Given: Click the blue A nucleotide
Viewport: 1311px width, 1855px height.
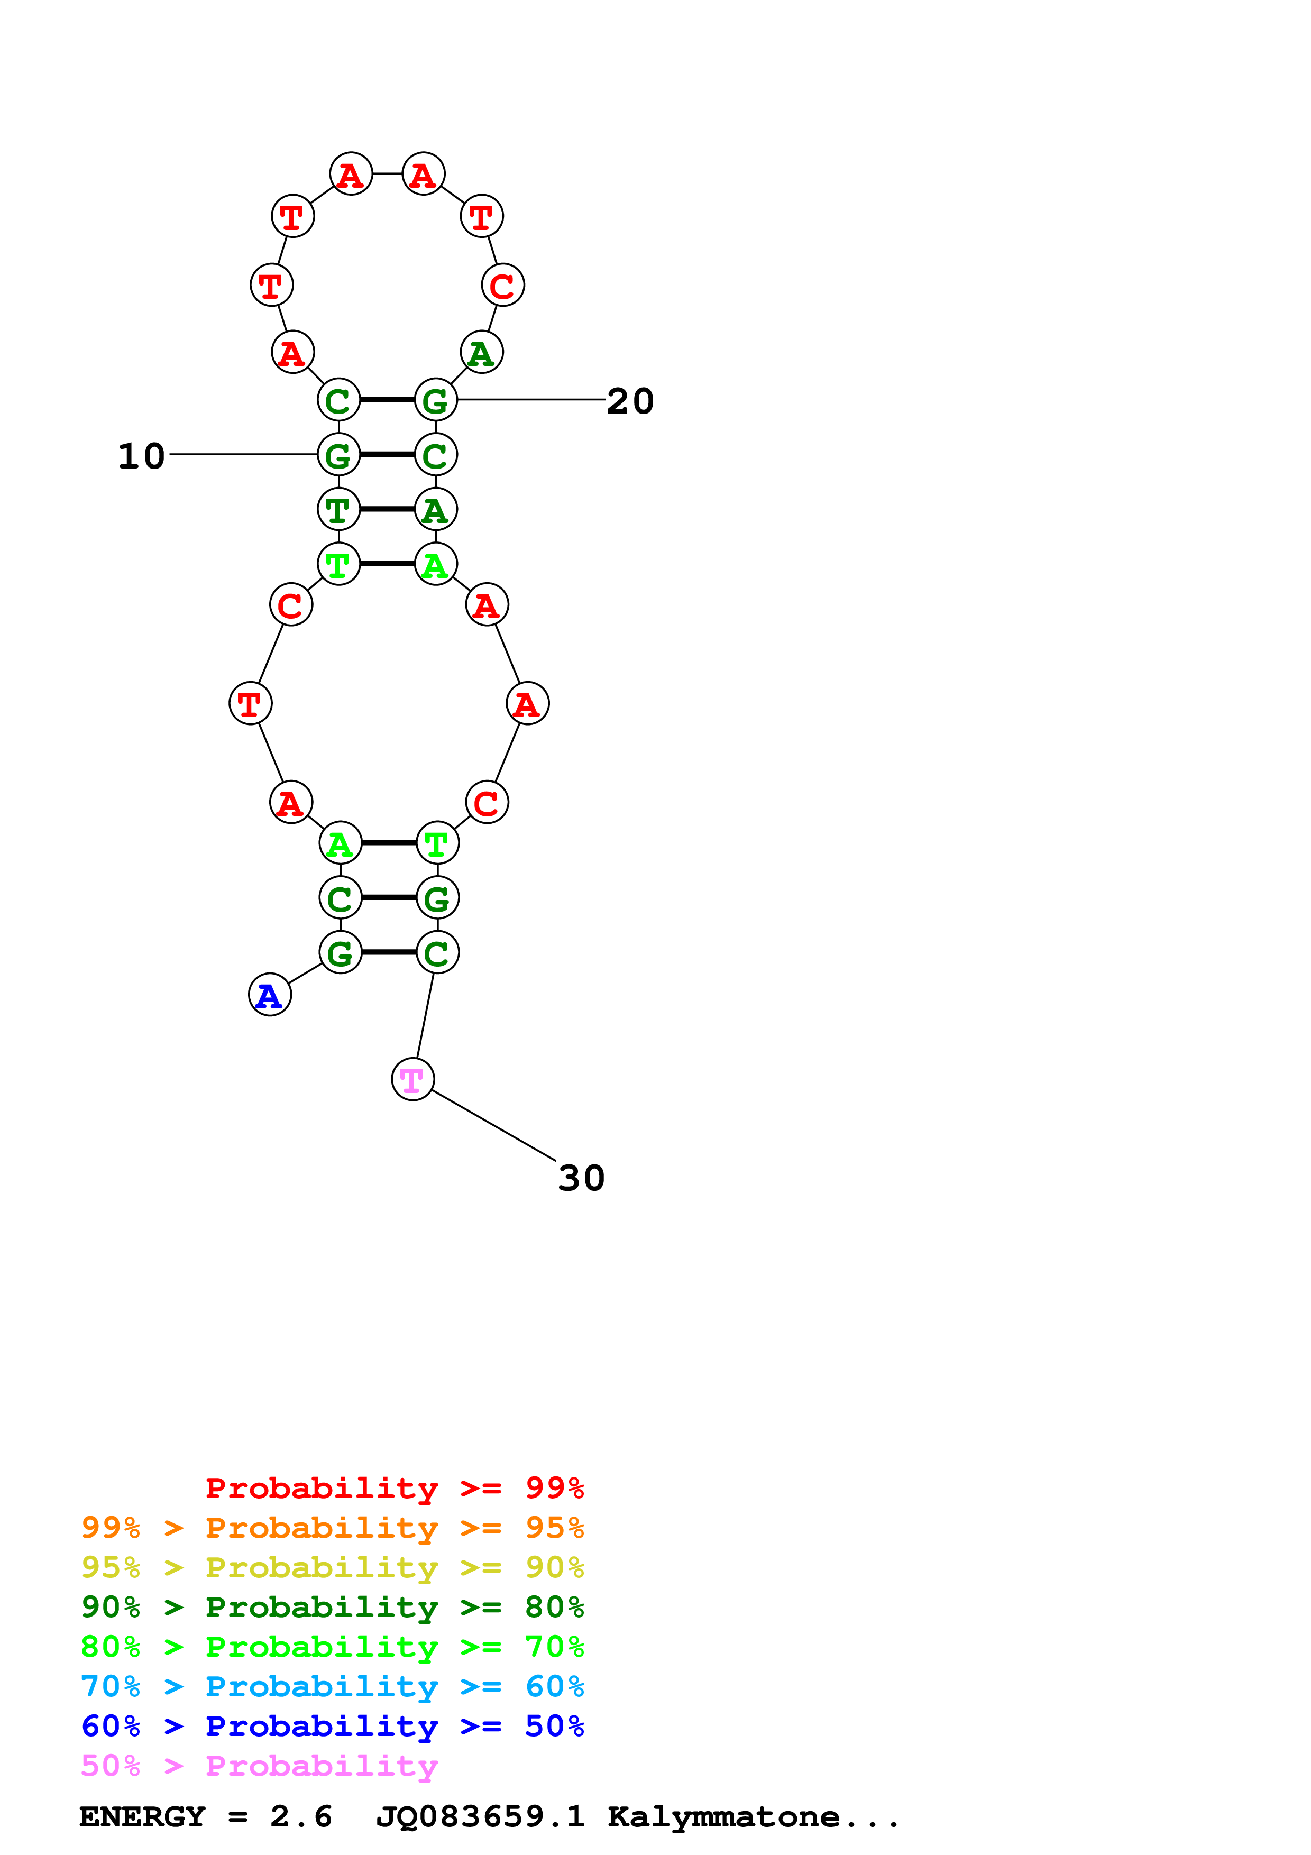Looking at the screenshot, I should pos(270,995).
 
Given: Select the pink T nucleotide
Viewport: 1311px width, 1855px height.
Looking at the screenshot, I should pos(413,1079).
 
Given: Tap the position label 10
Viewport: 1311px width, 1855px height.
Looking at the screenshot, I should pos(141,456).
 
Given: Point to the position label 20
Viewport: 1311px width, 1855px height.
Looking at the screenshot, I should pos(630,401).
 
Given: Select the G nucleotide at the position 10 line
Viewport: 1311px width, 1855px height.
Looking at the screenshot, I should pos(338,455).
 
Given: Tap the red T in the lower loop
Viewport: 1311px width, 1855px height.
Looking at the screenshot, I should pos(250,704).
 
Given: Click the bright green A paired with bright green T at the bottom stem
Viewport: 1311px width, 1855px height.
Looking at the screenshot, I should pos(340,843).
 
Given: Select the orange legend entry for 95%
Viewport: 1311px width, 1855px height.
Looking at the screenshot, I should pos(333,1528).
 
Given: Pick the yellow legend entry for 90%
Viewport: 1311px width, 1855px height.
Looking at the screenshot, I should pos(333,1567).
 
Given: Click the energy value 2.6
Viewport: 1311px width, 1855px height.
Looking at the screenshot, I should pos(300,1816).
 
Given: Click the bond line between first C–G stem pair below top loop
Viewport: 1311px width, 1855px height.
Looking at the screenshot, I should pos(388,400).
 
